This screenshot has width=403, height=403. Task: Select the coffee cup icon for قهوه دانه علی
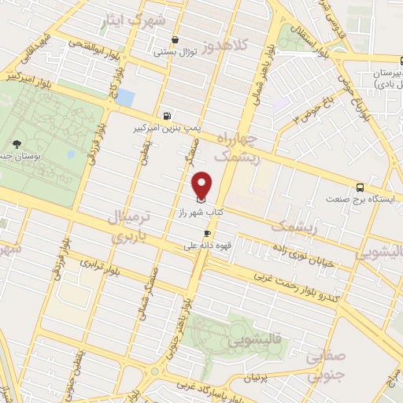click(208, 233)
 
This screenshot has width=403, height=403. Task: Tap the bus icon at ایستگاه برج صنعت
click(360, 187)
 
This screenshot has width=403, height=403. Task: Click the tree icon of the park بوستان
click(17, 143)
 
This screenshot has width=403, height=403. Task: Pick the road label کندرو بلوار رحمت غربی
click(299, 283)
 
